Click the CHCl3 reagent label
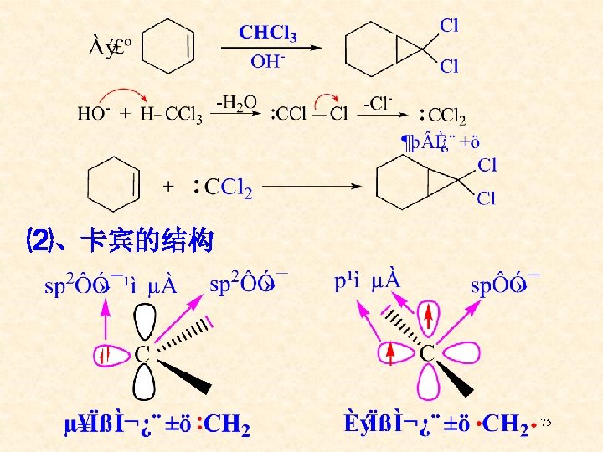pyautogui.click(x=267, y=33)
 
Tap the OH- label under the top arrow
pyautogui.click(x=268, y=61)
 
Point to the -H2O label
pyautogui.click(x=237, y=102)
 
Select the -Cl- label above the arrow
pyautogui.click(x=378, y=103)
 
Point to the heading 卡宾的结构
pyautogui.click(x=147, y=243)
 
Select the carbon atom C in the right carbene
pyautogui.click(x=426, y=352)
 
